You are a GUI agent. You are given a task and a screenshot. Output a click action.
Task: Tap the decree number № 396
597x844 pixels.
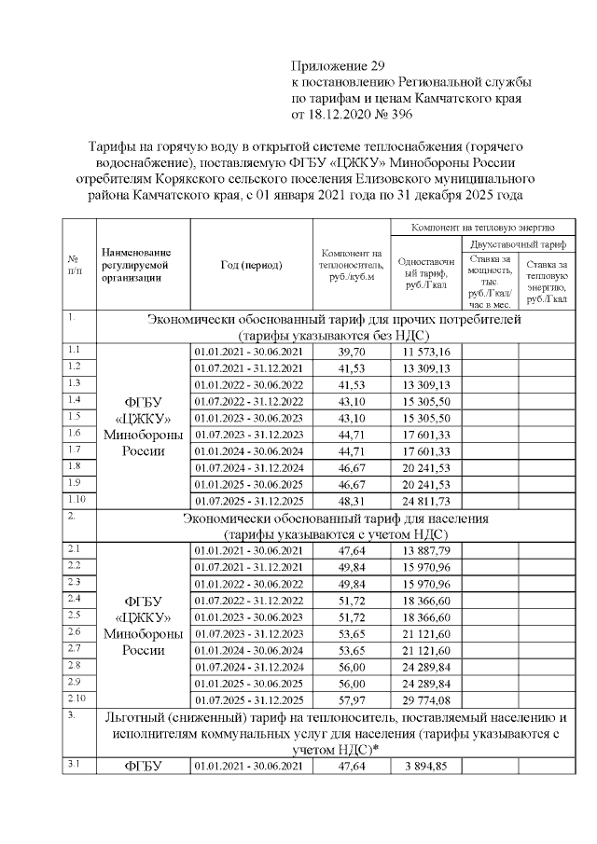(389, 114)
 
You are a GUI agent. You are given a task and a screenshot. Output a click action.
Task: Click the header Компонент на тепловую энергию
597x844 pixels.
(483, 226)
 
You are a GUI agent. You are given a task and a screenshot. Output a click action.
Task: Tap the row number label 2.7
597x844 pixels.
(74, 647)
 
